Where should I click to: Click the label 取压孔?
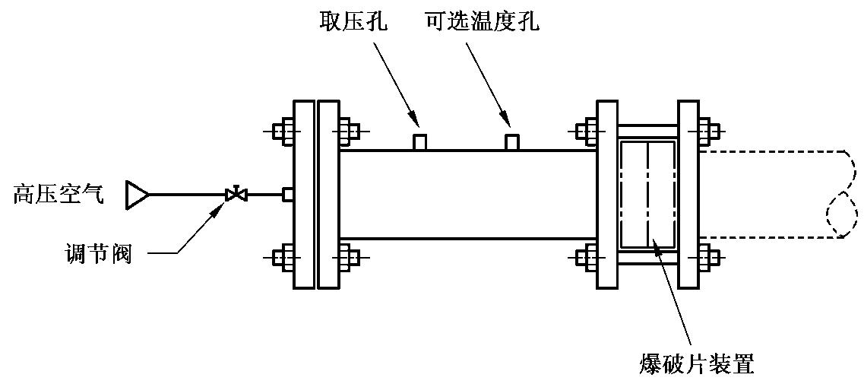[x=353, y=21]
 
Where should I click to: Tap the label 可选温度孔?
[x=483, y=21]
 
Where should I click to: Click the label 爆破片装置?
[x=697, y=363]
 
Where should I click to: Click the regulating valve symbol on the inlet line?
[x=237, y=195]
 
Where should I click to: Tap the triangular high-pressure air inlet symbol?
[x=137, y=195]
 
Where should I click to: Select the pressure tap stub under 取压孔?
[x=419, y=142]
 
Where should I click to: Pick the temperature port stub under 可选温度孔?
[x=512, y=142]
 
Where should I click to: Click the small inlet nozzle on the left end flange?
[x=288, y=195]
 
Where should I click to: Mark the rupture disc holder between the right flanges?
[x=647, y=195]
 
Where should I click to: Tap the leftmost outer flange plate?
[x=303, y=195]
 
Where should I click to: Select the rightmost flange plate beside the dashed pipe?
[x=688, y=195]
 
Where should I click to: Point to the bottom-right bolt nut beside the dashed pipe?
[x=708, y=257]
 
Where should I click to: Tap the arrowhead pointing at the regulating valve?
[x=218, y=208]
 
